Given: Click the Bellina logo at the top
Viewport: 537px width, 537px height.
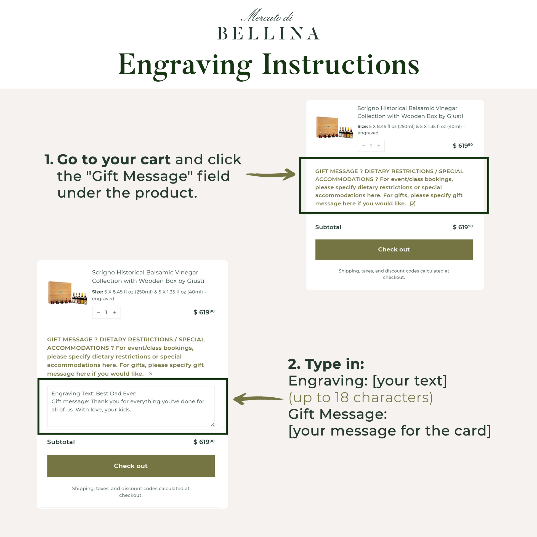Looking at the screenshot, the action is [268, 24].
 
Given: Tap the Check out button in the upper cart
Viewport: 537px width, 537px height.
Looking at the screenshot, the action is [394, 250].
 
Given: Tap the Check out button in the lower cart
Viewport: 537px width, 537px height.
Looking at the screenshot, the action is [131, 466].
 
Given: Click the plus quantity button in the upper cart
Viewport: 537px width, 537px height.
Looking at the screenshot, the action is [379, 146].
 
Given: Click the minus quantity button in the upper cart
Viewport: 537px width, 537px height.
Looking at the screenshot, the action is [363, 146].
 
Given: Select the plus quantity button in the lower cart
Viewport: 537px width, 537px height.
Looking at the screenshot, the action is [115, 312].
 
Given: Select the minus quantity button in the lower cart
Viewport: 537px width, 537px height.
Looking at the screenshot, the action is [98, 312].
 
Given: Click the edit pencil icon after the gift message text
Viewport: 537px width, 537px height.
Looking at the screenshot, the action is [413, 204].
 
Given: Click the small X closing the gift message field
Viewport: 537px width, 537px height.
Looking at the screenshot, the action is [151, 374].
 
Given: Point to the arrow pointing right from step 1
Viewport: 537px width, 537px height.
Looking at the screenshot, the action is [270, 175].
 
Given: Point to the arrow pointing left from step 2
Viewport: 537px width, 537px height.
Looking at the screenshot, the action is [258, 399].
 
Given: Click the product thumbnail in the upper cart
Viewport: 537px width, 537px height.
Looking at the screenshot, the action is [334, 127].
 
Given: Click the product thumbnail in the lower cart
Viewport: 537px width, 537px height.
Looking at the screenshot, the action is [68, 293].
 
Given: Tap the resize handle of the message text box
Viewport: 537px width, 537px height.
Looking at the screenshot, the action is [212, 424].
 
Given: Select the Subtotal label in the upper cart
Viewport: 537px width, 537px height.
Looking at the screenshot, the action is [328, 227].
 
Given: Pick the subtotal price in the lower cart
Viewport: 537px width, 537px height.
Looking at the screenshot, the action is [204, 442].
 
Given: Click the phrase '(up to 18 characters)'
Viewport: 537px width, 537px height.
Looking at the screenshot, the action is [360, 397].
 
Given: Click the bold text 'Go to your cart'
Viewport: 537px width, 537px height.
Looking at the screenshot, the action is [114, 159].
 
